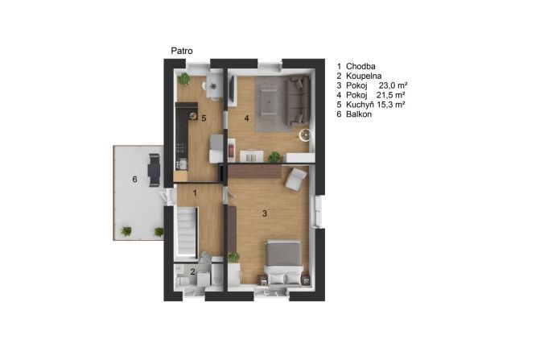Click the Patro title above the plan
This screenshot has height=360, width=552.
point(182,51)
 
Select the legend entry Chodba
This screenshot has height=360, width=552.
point(360,66)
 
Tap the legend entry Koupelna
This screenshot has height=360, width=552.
point(364,76)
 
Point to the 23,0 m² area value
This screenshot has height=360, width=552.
point(393,85)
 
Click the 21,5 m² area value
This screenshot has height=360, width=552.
point(391,95)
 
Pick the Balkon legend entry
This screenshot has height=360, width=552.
point(359,114)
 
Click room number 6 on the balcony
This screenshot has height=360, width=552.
point(135,180)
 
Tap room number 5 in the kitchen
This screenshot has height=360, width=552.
point(204,118)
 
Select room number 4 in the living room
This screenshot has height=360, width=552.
point(246,118)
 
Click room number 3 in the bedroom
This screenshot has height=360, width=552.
point(265,213)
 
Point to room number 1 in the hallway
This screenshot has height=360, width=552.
point(195,193)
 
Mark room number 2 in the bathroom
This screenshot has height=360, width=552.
point(192,271)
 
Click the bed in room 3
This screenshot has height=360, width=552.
point(284,263)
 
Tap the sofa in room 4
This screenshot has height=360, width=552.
point(298,101)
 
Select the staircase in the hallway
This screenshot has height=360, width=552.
point(187,232)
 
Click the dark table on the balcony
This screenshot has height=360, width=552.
point(154,170)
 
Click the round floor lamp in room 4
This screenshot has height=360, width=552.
point(305,134)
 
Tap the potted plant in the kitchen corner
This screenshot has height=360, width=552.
point(183,79)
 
